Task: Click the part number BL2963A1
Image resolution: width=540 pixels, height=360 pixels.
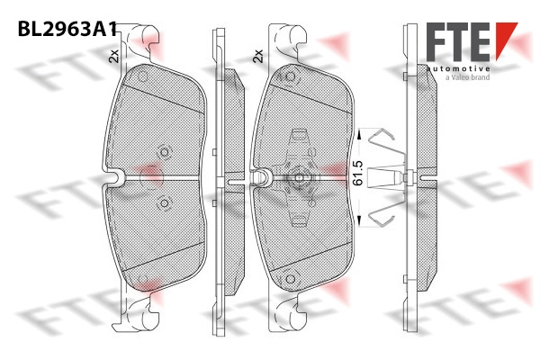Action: pyautogui.click(x=67, y=29)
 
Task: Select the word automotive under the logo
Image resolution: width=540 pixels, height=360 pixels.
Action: pyautogui.click(x=458, y=69)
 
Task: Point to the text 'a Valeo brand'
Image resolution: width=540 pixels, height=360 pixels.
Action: pyautogui.click(x=467, y=77)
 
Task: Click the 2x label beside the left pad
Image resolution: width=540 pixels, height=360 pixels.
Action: pyautogui.click(x=113, y=56)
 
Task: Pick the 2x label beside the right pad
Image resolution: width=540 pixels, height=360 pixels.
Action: pyautogui.click(x=258, y=56)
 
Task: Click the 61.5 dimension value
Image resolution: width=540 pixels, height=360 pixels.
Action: pyautogui.click(x=358, y=173)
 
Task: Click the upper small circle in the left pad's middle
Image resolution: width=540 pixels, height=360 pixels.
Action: pyautogui.click(x=165, y=152)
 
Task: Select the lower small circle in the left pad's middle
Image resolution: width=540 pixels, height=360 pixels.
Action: pyautogui.click(x=165, y=203)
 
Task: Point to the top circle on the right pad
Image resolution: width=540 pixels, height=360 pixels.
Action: pyautogui.click(x=291, y=76)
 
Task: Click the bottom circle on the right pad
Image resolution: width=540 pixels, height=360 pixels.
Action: pyautogui.click(x=291, y=279)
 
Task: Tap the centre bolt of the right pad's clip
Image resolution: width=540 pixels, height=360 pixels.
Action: pyautogui.click(x=299, y=177)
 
